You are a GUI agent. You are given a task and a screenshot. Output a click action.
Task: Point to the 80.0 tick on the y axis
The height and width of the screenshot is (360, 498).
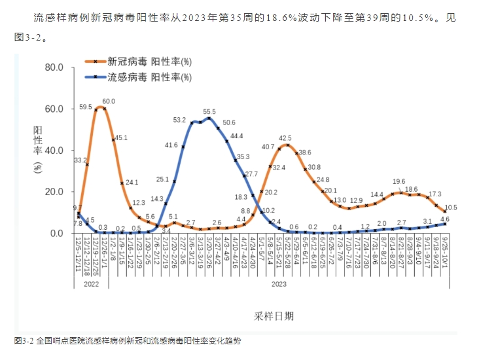point(51,67)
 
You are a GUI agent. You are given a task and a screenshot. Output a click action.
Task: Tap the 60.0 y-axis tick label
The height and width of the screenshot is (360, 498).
point(51,109)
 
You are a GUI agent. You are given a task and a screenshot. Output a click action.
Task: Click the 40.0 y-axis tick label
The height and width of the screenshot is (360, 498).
point(51,150)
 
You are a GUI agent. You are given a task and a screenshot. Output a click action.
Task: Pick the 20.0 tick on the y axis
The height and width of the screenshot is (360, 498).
point(51,192)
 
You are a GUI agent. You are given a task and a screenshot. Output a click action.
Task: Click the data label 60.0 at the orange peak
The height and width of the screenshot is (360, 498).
point(109,101)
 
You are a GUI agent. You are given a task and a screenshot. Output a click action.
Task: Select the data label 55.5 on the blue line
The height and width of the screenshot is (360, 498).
point(209,112)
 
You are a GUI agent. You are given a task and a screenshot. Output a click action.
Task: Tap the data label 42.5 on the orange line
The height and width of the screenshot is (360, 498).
point(285,138)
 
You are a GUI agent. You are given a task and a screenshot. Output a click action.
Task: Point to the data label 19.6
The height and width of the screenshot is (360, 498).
point(399,182)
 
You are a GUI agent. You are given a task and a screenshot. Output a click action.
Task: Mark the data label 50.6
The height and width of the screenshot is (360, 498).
point(228,122)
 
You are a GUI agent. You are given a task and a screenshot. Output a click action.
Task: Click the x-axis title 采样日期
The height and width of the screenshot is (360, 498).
point(274,315)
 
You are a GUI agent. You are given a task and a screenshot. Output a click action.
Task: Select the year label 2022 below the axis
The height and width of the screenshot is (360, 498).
point(91,285)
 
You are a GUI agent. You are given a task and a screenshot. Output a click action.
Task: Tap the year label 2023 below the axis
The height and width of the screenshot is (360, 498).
point(279,285)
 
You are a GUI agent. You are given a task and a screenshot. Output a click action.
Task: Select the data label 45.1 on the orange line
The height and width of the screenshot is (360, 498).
point(121,138)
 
